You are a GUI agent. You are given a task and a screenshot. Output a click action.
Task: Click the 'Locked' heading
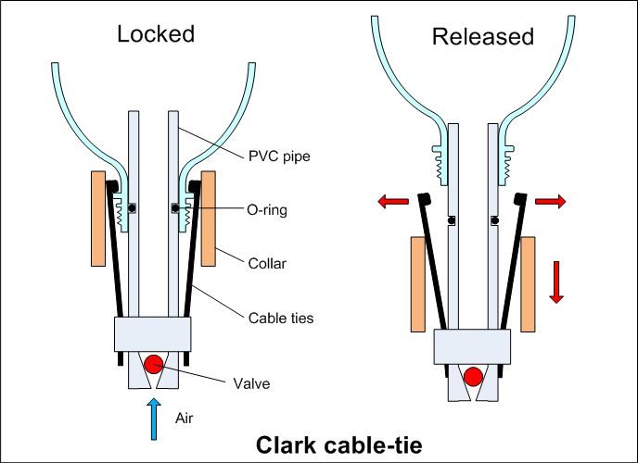tap(156, 34)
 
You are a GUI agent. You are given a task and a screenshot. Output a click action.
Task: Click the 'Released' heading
tap(483, 37)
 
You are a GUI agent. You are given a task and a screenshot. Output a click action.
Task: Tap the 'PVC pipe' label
tap(280, 156)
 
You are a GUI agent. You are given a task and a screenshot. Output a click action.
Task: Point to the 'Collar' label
tap(266, 264)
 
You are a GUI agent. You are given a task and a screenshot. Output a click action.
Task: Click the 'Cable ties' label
tap(281, 318)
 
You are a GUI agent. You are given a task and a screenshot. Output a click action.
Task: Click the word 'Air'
tap(185, 418)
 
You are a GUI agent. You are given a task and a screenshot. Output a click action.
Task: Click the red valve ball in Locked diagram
tap(151, 361)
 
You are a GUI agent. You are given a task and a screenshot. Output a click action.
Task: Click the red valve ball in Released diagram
tap(474, 376)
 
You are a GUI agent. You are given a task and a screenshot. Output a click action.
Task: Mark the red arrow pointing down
tap(556, 281)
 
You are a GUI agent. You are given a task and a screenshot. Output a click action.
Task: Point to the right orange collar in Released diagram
tap(528, 283)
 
